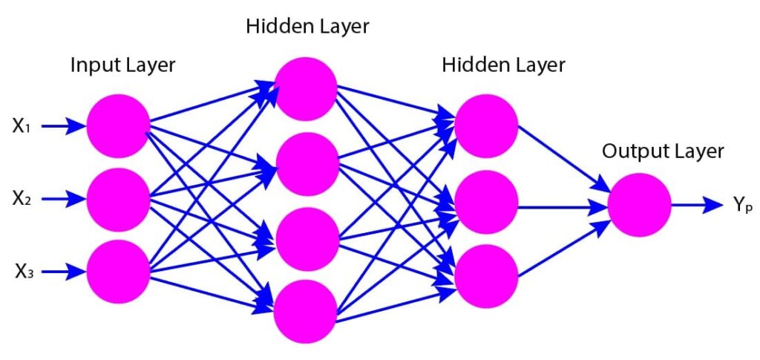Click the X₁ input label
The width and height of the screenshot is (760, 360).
tap(21, 127)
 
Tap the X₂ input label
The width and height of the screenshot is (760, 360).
tap(21, 199)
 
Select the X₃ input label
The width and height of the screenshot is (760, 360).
tap(21, 272)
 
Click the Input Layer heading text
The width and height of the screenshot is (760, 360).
tap(122, 65)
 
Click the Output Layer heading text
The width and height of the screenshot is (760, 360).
tap(663, 151)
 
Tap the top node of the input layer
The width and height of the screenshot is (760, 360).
tap(118, 126)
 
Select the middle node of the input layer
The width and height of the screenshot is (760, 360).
tap(118, 199)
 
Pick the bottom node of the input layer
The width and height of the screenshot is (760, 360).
tap(118, 272)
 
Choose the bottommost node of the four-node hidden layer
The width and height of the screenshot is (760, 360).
tap(305, 311)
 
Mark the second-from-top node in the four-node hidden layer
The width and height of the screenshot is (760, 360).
tap(305, 163)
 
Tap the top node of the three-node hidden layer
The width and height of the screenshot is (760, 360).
tap(486, 125)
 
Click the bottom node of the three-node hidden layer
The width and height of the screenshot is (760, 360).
tap(486, 274)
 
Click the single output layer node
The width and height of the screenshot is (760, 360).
tap(639, 205)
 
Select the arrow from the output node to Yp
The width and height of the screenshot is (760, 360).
tap(697, 205)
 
